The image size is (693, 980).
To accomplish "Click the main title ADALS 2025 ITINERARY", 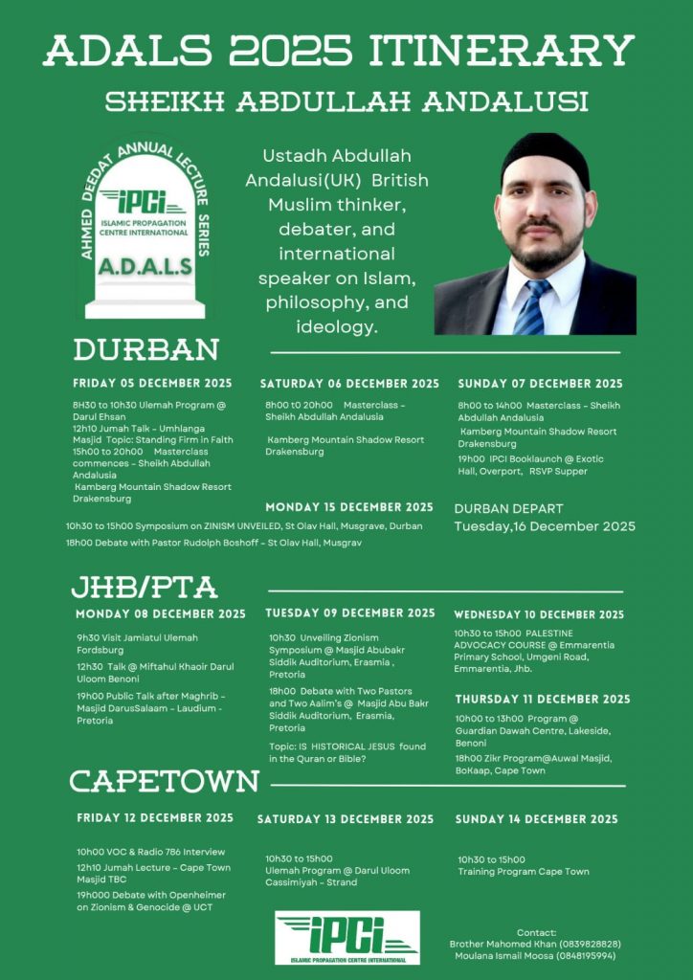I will point(346,50).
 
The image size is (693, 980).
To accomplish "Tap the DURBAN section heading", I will point(146,349).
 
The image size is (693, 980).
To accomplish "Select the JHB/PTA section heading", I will point(145,586).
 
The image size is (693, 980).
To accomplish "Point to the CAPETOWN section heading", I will point(165,782).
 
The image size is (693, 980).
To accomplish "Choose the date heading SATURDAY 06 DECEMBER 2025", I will point(349,384).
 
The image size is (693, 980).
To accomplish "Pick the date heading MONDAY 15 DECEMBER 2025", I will point(349,507).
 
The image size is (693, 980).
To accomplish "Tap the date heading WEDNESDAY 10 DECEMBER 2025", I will point(539,614).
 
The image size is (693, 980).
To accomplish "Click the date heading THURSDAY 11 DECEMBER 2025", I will point(543,700).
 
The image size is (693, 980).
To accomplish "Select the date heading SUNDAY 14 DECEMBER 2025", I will point(537,819).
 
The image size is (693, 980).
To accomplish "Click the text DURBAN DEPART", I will point(508,509).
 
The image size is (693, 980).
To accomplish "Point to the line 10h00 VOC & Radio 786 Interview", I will point(151,852).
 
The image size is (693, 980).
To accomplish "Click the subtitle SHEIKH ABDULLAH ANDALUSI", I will point(346,101).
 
